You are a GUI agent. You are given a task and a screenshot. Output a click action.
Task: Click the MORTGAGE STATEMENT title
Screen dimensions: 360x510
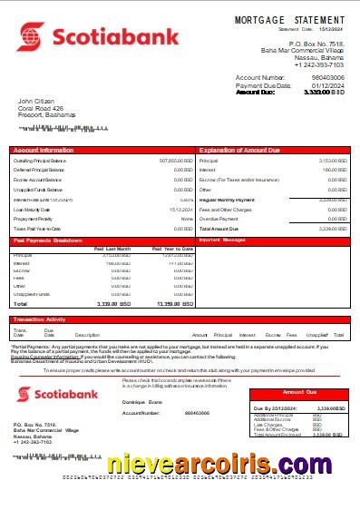tap(289, 19)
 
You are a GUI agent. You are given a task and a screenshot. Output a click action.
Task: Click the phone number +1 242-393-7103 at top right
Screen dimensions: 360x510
tap(318, 65)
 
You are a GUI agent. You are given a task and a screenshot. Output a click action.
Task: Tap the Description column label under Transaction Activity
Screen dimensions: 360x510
tap(87, 336)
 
